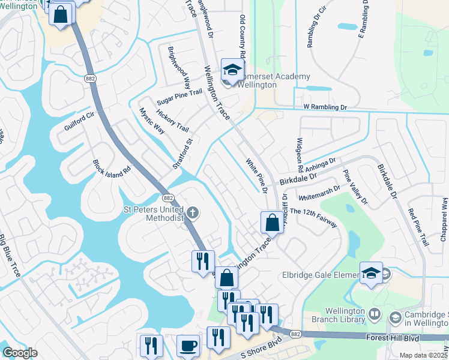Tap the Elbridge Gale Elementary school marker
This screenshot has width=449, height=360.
pyautogui.click(x=371, y=274)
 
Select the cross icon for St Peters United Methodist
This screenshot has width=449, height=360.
pyautogui.click(x=193, y=212)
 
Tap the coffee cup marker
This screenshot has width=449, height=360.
pyautogui.click(x=188, y=346)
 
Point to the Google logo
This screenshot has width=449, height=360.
pyautogui.click(x=20, y=353)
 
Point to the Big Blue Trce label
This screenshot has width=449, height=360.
pyautogui.click(x=10, y=254)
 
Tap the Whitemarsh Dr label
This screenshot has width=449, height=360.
pyautogui.click(x=319, y=191)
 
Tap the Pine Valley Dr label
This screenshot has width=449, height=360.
pyautogui.click(x=355, y=187)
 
